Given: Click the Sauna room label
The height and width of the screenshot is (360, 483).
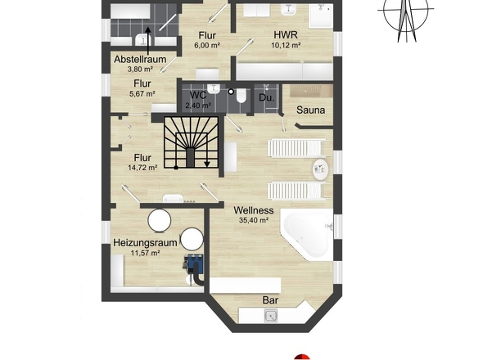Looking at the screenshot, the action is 310,110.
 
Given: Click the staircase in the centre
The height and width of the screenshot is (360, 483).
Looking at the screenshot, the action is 191,142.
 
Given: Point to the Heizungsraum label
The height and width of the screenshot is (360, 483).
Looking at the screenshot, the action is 145,243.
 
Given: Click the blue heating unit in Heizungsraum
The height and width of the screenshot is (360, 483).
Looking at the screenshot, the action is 194,264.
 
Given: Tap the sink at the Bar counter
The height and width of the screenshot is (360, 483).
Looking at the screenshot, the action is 271,316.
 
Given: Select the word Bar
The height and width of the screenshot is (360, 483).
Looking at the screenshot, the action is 270,300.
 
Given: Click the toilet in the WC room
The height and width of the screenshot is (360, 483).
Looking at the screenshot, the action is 241,96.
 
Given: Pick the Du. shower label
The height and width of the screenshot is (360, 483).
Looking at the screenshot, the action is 266,98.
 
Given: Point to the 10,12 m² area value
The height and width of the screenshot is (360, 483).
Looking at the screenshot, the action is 286,45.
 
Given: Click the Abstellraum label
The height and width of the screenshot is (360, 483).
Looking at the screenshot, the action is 140,59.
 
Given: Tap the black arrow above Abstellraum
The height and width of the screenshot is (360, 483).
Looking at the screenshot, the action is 148,41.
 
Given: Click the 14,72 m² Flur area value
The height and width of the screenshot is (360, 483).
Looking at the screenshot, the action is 142,168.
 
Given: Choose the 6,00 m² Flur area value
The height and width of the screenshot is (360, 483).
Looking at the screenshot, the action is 207,45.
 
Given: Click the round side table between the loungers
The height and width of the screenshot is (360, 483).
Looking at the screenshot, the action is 321,169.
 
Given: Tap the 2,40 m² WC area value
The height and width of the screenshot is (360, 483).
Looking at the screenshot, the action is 198,106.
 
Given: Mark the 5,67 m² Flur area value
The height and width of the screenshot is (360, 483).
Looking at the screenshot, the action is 142,93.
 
